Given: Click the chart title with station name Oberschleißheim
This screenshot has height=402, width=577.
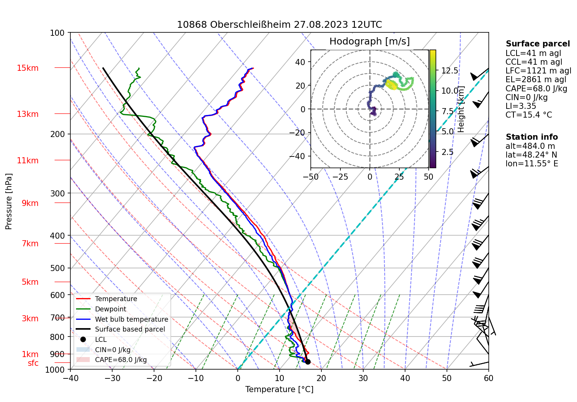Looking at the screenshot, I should pyautogui.click(x=279, y=25).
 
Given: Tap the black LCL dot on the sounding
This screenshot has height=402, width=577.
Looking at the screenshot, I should pyautogui.click(x=308, y=362).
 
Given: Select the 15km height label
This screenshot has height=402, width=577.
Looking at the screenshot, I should pyautogui.click(x=27, y=68).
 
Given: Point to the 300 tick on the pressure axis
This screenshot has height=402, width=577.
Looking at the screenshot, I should pyautogui.click(x=57, y=193).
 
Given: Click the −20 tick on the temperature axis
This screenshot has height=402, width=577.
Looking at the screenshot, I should pyautogui.click(x=154, y=378).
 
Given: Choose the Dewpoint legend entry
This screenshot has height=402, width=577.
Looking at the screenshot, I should pyautogui.click(x=110, y=309).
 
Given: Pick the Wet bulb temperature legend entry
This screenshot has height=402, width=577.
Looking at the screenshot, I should pyautogui.click(x=131, y=319).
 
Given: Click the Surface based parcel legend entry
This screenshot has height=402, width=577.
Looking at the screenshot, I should pyautogui.click(x=130, y=329).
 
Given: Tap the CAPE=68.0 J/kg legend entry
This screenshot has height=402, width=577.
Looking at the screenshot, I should pyautogui.click(x=121, y=360).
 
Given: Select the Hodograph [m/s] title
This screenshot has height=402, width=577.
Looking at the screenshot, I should pyautogui.click(x=369, y=41).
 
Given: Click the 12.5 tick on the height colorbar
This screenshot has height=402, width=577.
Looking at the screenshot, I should pyautogui.click(x=450, y=71).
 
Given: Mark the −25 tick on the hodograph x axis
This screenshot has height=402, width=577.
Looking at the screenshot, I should pyautogui.click(x=340, y=177).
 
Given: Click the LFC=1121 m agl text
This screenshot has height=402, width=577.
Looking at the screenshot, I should pyautogui.click(x=538, y=71).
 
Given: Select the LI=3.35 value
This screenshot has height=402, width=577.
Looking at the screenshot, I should pyautogui.click(x=521, y=106).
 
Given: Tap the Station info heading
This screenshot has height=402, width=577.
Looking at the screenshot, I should pyautogui.click(x=531, y=137).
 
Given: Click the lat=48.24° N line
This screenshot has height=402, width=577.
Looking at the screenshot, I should pyautogui.click(x=531, y=155).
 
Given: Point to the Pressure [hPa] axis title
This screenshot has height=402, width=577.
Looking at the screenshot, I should pyautogui.click(x=9, y=201).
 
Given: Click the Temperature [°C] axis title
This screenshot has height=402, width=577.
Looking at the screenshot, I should pyautogui.click(x=279, y=389).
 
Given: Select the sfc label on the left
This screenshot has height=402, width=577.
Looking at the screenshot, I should pyautogui.click(x=33, y=363).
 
